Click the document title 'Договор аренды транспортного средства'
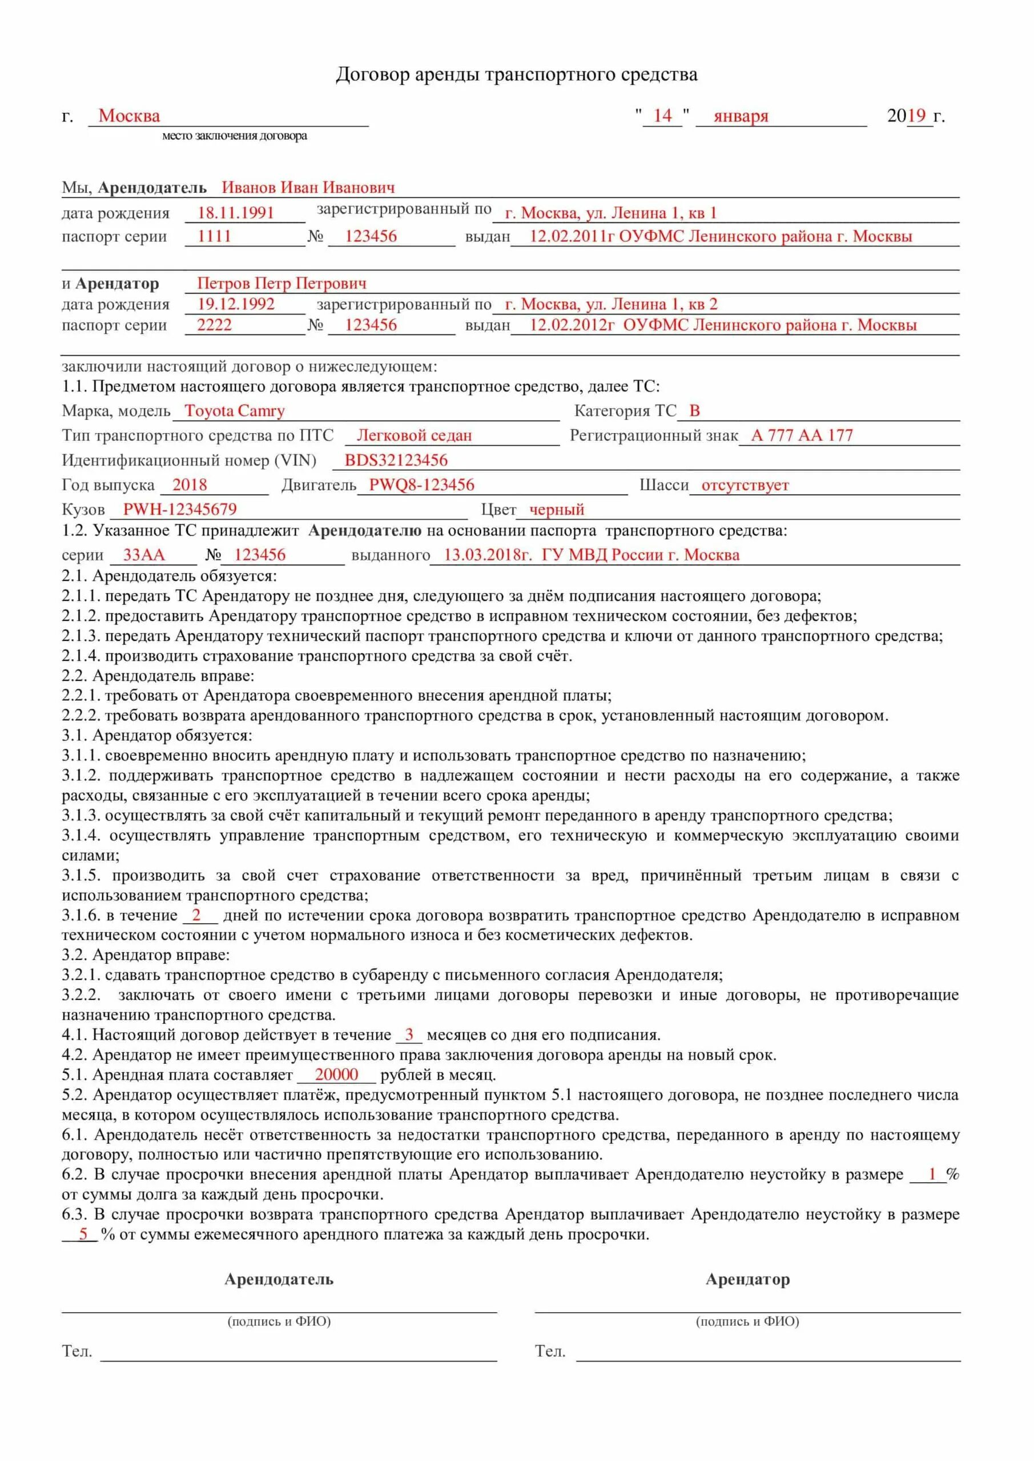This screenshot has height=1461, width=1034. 516,75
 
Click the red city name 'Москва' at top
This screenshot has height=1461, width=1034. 129,116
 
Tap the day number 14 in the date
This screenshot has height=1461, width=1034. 662,116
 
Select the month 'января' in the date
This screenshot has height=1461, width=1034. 741,116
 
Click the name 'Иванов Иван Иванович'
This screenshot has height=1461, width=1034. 308,188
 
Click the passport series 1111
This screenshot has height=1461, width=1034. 214,236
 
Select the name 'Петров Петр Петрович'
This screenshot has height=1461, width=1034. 281,283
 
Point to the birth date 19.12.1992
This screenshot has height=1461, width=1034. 236,304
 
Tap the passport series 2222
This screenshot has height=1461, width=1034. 214,325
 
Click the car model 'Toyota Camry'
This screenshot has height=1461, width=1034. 234,411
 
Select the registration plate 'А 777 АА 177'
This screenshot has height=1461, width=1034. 802,436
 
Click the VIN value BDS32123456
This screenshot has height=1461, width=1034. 396,461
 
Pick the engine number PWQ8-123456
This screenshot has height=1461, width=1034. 421,485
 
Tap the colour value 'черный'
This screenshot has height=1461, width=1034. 557,510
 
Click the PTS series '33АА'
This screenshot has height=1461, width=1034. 144,555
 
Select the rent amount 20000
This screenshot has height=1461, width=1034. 336,1092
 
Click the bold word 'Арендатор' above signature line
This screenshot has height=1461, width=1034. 747,1280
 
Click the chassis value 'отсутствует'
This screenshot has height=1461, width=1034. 745,486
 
